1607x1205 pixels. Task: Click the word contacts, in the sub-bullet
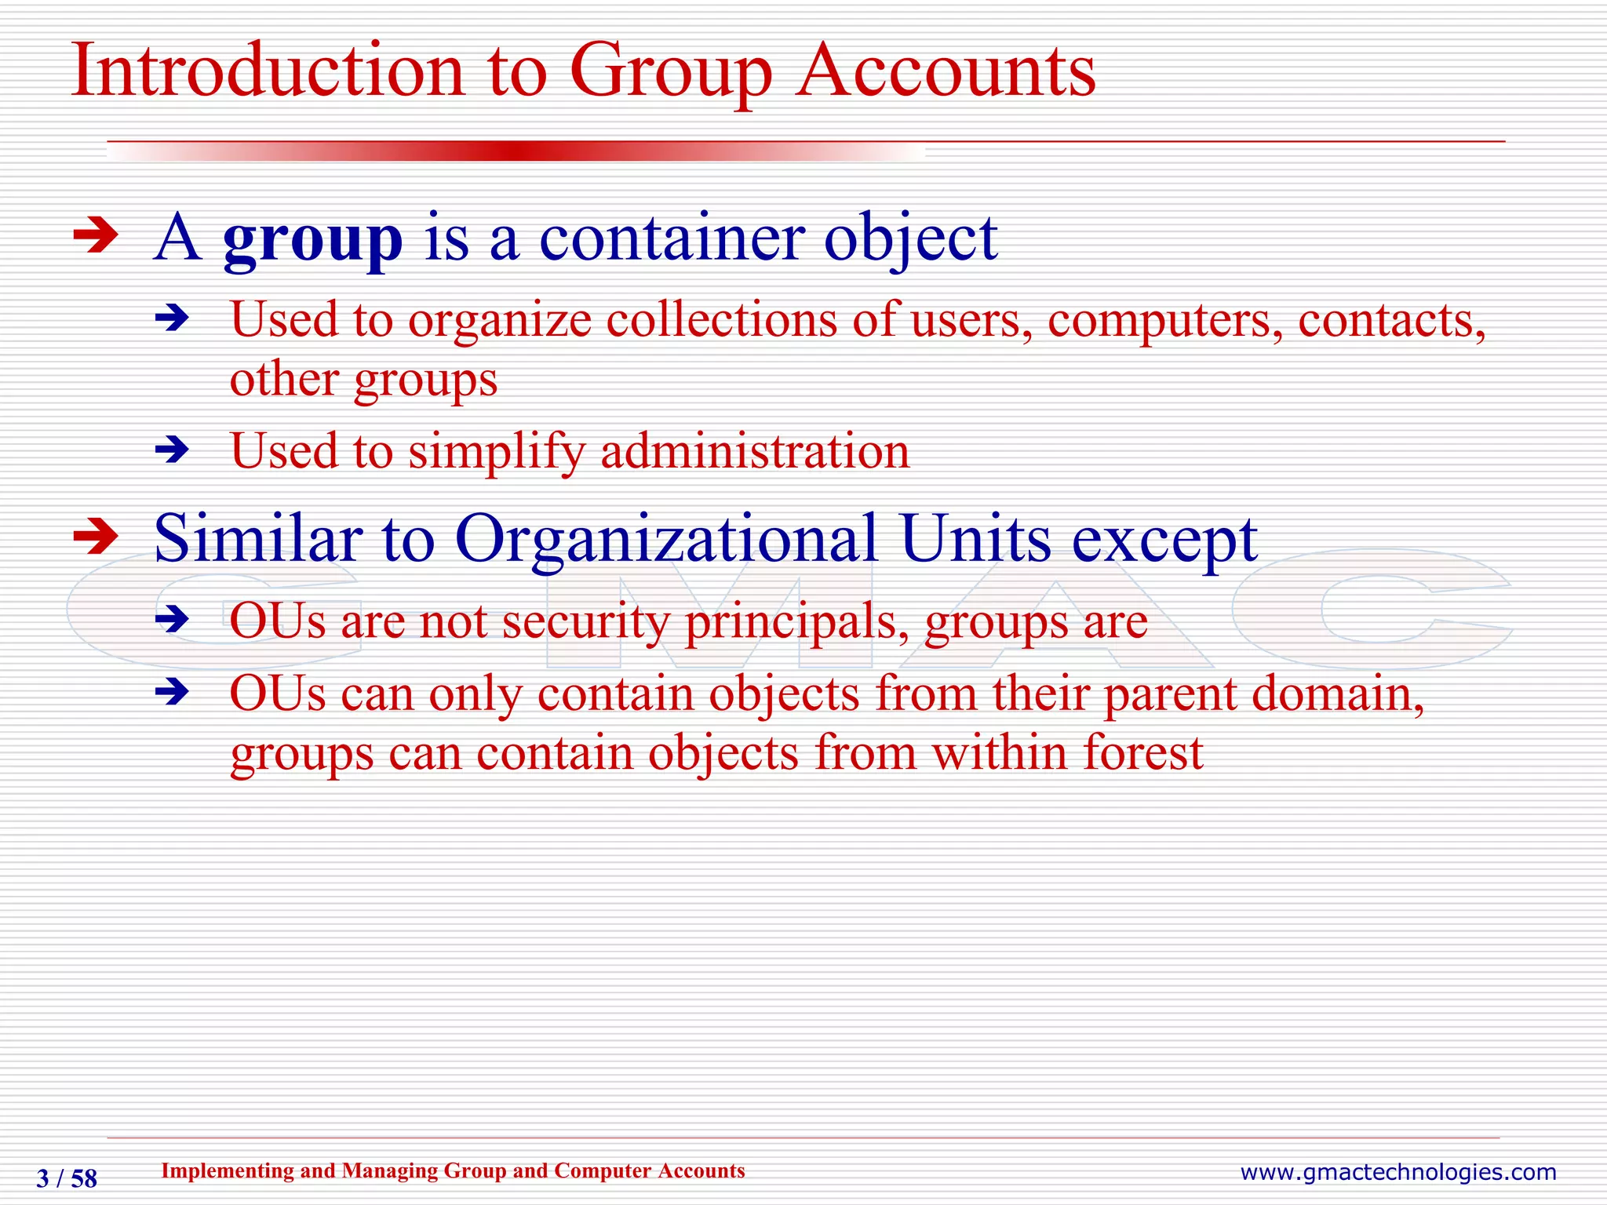pyautogui.click(x=1391, y=321)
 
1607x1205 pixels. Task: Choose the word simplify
pyautogui.click(x=497, y=452)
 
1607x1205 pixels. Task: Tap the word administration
pyautogui.click(x=755, y=452)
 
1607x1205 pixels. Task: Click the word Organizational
pyautogui.click(x=665, y=539)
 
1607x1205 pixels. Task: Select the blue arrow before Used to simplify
pyautogui.click(x=173, y=451)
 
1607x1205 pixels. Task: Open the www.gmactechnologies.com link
pyautogui.click(x=1397, y=1172)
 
